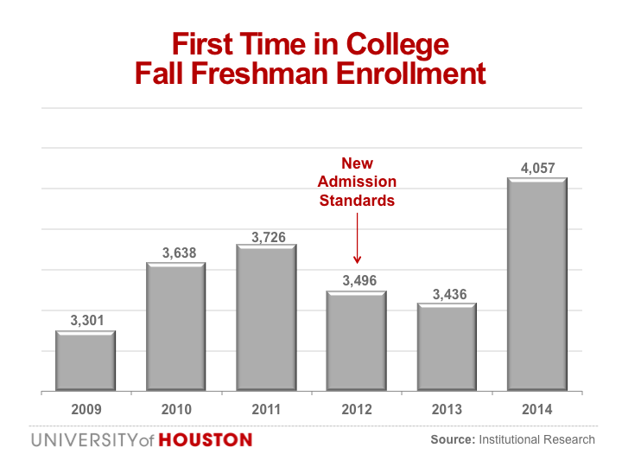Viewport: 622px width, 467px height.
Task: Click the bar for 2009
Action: (x=86, y=361)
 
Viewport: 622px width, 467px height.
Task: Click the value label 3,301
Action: (x=86, y=321)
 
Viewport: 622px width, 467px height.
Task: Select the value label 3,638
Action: (x=179, y=253)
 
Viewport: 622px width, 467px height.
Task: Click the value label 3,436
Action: (x=449, y=294)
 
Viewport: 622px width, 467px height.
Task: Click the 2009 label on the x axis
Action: (x=86, y=409)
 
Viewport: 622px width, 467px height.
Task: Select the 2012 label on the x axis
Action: (x=356, y=409)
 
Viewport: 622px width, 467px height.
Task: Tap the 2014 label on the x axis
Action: (x=536, y=409)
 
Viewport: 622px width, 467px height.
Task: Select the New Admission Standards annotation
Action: (x=357, y=182)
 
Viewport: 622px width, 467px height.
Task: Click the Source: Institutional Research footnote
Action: (x=512, y=439)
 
